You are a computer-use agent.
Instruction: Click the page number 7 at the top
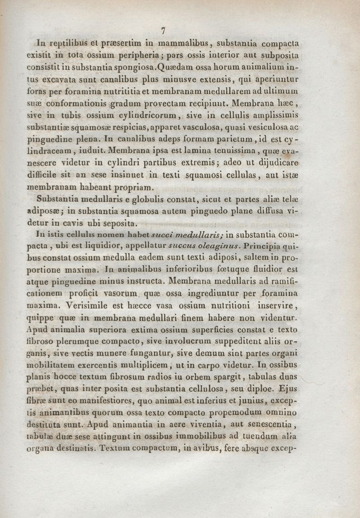pos(164,31)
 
